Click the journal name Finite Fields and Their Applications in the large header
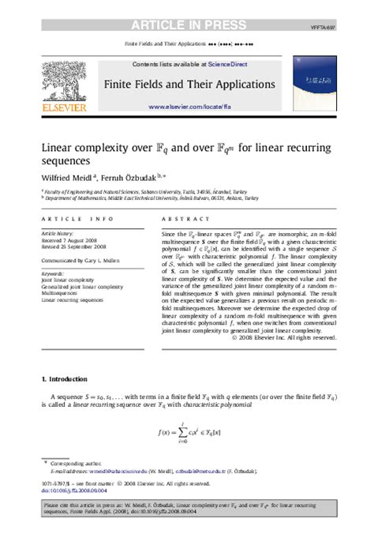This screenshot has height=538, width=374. click(x=187, y=84)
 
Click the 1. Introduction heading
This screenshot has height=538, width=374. click(x=69, y=380)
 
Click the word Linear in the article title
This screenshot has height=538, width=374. click(x=60, y=148)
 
